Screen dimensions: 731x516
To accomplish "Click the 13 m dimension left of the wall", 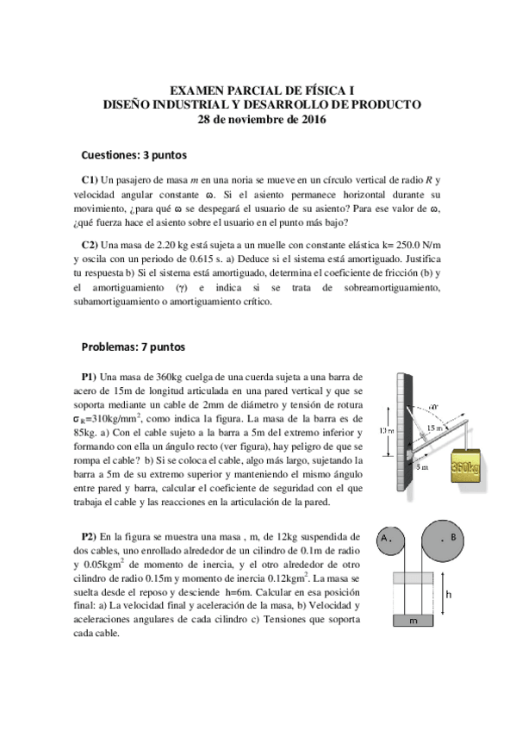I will click(x=388, y=431).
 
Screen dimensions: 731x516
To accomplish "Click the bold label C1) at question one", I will click(x=90, y=180).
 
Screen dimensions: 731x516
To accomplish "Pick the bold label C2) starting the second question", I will click(x=90, y=245).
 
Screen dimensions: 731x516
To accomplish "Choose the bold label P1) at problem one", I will click(x=90, y=377).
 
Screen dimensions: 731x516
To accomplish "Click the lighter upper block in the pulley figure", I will click(x=417, y=578).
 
